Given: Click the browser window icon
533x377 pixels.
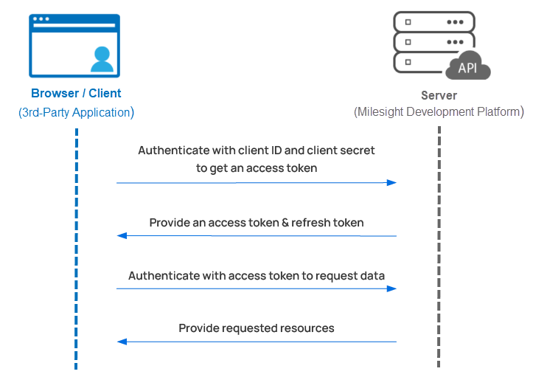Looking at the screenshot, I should click(74, 46).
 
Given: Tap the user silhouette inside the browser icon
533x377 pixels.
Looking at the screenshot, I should click(102, 58).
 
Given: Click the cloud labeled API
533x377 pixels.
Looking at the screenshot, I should click(468, 68).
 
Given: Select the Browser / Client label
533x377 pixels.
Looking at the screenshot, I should click(76, 94).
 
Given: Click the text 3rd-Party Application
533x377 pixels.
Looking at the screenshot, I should click(76, 113).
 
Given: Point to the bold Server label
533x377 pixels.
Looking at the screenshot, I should click(439, 95).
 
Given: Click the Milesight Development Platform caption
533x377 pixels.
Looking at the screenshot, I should click(439, 112).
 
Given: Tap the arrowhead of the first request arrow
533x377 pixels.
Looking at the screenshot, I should click(392, 182).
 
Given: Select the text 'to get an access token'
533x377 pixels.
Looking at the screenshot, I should click(257, 167).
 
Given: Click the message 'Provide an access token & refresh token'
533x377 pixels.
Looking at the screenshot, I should click(257, 222).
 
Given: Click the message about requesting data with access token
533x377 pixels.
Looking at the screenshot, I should click(257, 276).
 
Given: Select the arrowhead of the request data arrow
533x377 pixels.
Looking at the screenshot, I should click(392, 288).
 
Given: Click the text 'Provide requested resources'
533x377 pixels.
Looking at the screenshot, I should click(257, 328).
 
